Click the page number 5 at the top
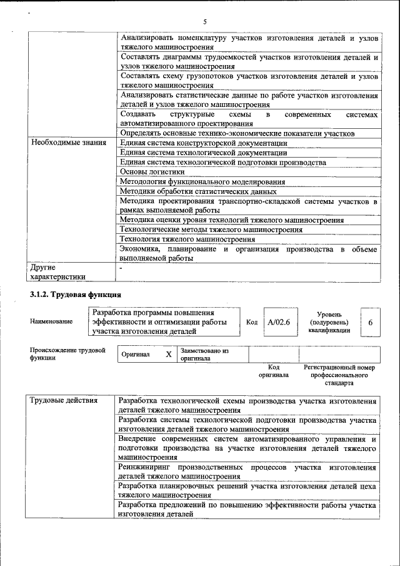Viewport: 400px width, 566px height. point(204,22)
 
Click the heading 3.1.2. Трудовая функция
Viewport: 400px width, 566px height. point(75,294)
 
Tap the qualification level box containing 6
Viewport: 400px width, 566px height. point(371,322)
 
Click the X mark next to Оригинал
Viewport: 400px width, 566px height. point(168,355)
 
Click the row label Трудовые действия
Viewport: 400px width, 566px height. point(64,401)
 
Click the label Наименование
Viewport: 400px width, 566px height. point(51,321)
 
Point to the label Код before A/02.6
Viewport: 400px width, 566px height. point(252,322)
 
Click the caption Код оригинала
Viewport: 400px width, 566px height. point(273,371)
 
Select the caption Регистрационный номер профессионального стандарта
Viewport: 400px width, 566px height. point(339,375)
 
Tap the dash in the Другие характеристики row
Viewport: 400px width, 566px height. point(121,268)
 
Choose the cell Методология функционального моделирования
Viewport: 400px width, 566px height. point(202,182)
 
